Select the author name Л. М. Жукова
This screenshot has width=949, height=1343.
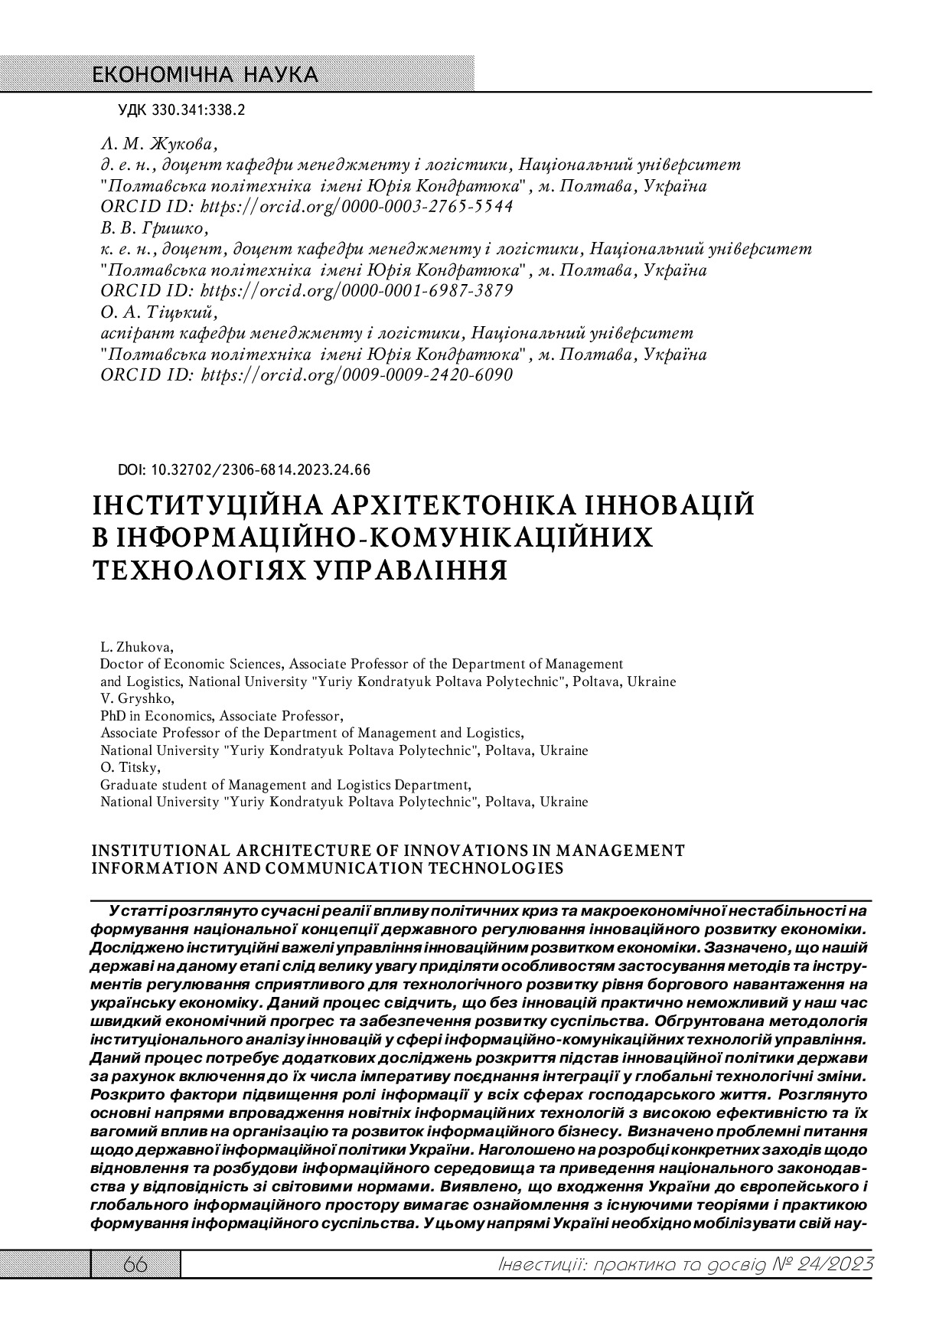click(x=158, y=143)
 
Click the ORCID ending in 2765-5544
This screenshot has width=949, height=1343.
click(x=356, y=207)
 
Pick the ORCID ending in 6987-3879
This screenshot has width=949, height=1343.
click(x=356, y=291)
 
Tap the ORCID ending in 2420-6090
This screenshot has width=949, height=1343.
click(x=356, y=375)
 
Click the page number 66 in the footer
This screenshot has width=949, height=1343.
click(x=135, y=1266)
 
